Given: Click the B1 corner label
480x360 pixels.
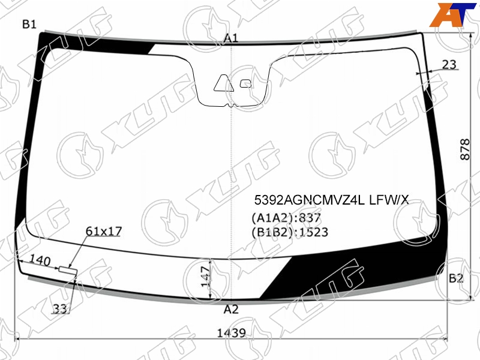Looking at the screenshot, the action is coord(29,24).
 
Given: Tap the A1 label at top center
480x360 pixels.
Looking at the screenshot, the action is coord(231,38).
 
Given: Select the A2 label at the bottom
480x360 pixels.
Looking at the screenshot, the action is coord(231,310).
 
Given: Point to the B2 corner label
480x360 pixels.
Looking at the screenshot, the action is coord(456,278).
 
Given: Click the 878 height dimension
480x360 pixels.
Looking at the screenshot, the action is coord(465,149).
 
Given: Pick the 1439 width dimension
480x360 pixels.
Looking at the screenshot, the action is coord(232,333).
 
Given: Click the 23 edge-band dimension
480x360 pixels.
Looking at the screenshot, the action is coord(449,65).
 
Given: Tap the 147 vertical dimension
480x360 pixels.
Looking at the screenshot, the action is coord(205,276).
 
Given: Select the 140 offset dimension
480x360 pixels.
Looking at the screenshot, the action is coord(40,261).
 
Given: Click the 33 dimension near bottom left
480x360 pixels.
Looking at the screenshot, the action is coord(59,308).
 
